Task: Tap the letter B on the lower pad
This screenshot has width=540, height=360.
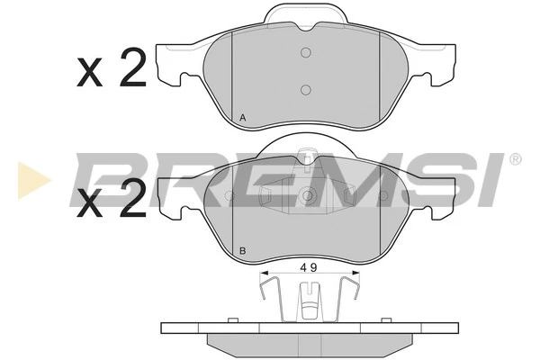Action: pyautogui.click(x=243, y=249)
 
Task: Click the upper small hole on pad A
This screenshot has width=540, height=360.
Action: pyautogui.click(x=305, y=52)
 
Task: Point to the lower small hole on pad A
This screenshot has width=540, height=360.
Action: pyautogui.click(x=305, y=89)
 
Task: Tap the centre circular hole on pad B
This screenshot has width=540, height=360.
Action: pyautogui.click(x=307, y=194)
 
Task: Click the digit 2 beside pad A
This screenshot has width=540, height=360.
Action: pyautogui.click(x=131, y=69)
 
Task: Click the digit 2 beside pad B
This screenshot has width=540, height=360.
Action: pyautogui.click(x=131, y=200)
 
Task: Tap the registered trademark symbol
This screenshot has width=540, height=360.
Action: pyautogui.click(x=515, y=158)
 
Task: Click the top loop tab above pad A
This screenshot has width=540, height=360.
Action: pyautogui.click(x=305, y=12)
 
